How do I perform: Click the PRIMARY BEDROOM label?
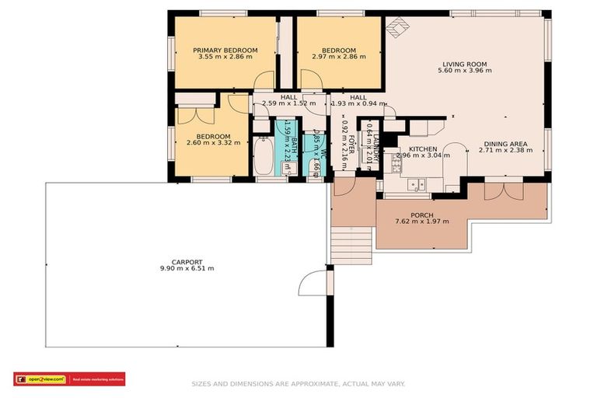[225, 50]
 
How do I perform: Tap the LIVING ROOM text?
[464, 64]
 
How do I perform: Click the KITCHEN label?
[423, 148]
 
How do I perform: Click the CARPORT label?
[187, 261]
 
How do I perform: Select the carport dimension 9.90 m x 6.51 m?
[187, 268]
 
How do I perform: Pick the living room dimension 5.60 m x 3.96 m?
[464, 71]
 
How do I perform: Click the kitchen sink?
[416, 185]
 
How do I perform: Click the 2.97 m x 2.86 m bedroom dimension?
[339, 57]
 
